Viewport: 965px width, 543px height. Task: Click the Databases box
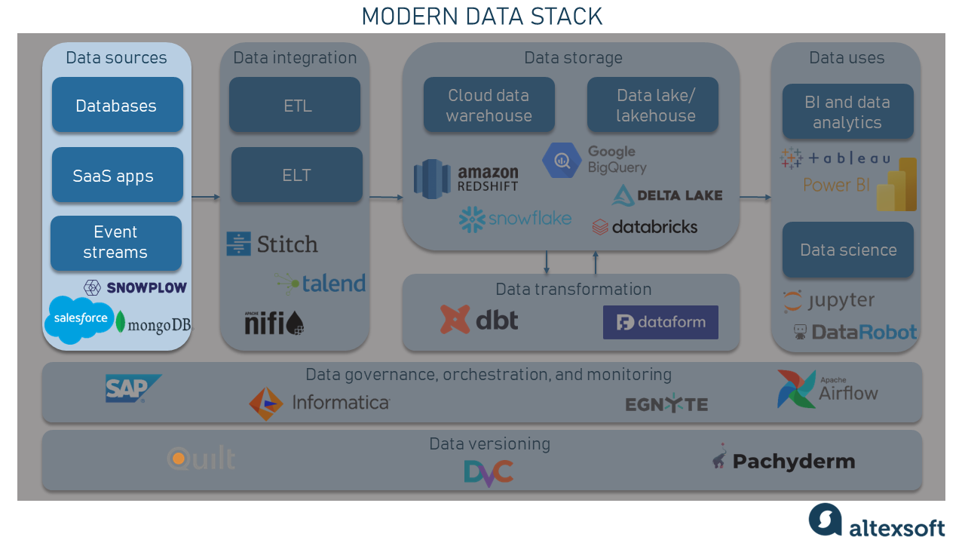(x=117, y=105)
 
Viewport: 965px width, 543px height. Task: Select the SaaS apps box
(x=117, y=175)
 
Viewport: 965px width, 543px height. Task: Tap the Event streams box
(x=116, y=243)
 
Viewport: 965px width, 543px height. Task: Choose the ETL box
(x=295, y=105)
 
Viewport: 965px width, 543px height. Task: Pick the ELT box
(x=297, y=175)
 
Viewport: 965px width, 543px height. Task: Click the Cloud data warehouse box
(x=489, y=105)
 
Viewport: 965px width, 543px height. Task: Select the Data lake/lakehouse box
(x=653, y=105)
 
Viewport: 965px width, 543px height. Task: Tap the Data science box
(x=848, y=250)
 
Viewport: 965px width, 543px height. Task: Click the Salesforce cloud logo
(x=80, y=319)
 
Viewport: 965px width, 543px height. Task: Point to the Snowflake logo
(x=515, y=219)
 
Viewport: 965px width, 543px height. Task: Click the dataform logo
(x=660, y=322)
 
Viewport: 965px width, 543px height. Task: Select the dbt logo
(x=479, y=320)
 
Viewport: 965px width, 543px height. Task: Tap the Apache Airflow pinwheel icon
(x=796, y=388)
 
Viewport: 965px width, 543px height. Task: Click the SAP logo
(x=133, y=388)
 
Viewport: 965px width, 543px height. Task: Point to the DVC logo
(x=489, y=473)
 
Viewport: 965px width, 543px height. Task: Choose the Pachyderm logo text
(x=794, y=462)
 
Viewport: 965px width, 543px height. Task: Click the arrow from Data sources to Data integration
(x=206, y=197)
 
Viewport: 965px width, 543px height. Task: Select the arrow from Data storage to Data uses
(x=755, y=197)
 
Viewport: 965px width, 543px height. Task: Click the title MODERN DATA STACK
(x=482, y=17)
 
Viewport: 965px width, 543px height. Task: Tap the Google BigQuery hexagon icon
(x=562, y=161)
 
